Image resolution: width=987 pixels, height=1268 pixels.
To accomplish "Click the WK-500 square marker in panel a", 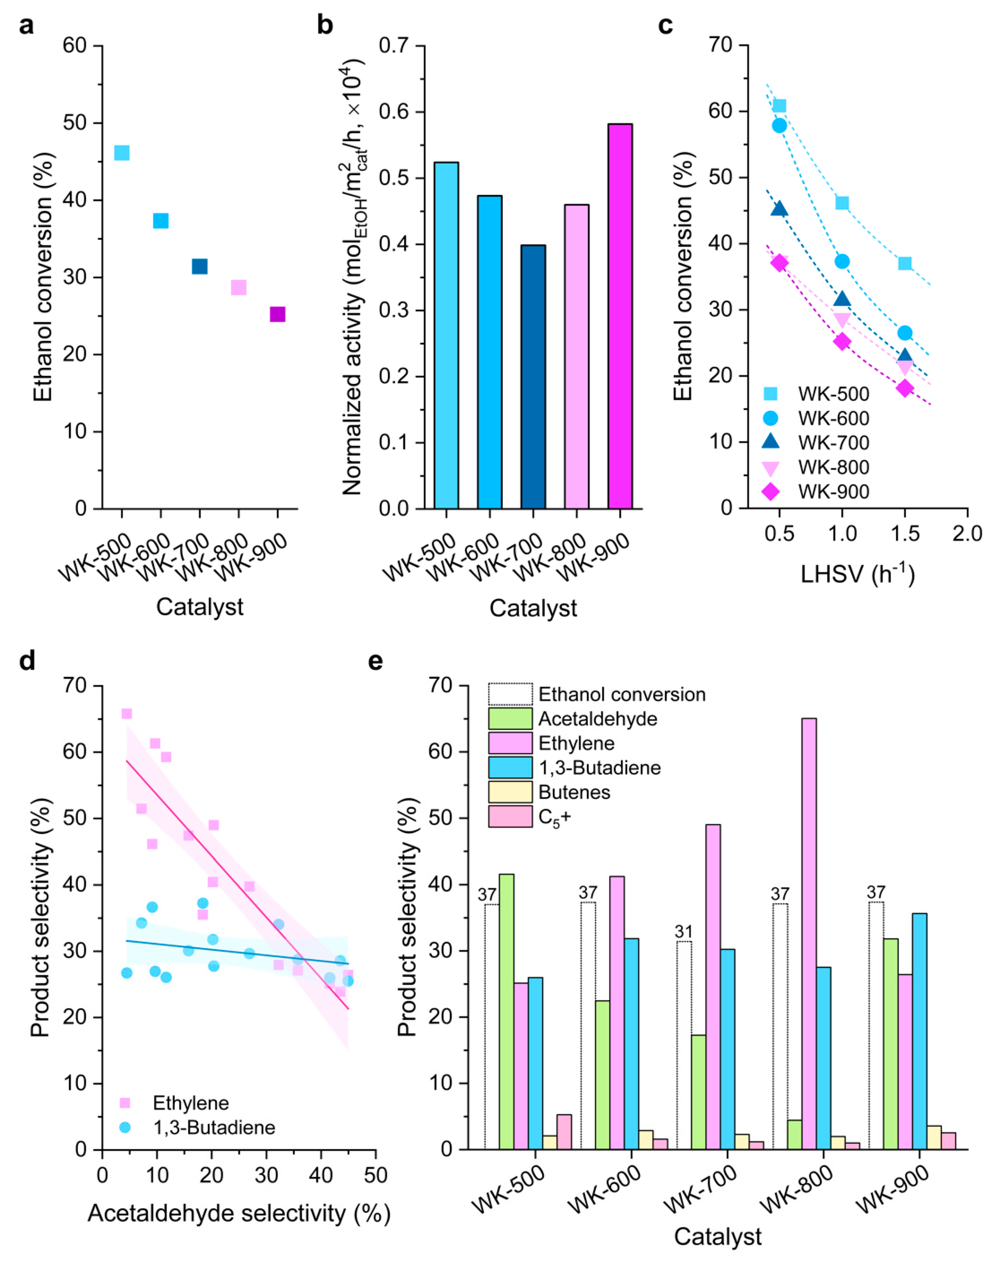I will click(121, 153).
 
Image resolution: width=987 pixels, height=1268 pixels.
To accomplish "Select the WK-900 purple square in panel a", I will click(278, 314).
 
